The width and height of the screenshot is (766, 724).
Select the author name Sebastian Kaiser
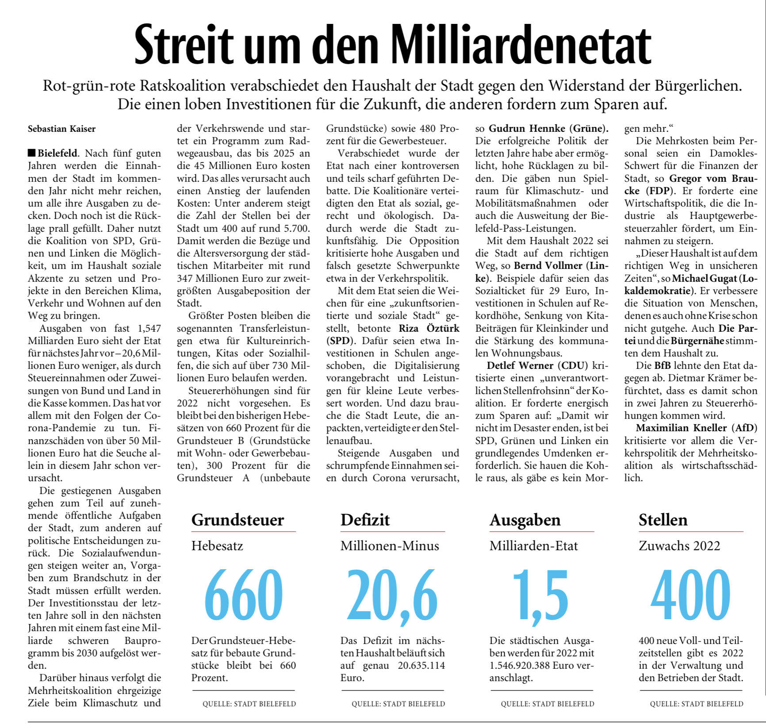pos(61,129)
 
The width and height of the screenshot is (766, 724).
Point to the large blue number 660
pos(243,595)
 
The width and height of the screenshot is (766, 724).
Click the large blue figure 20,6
pos(392,595)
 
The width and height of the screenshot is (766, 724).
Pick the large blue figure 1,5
pos(540,595)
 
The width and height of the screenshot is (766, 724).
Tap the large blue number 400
pos(690,595)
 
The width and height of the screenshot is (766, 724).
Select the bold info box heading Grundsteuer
pos(237,520)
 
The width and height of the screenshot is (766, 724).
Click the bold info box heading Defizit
pos(365,520)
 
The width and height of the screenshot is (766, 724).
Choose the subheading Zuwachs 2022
pos(679,546)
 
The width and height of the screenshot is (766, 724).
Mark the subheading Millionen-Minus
pos(390,546)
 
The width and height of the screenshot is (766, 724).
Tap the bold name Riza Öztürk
pos(429,329)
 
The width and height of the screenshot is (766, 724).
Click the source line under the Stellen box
pos(697,704)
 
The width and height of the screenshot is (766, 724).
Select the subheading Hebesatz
pos(217,546)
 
